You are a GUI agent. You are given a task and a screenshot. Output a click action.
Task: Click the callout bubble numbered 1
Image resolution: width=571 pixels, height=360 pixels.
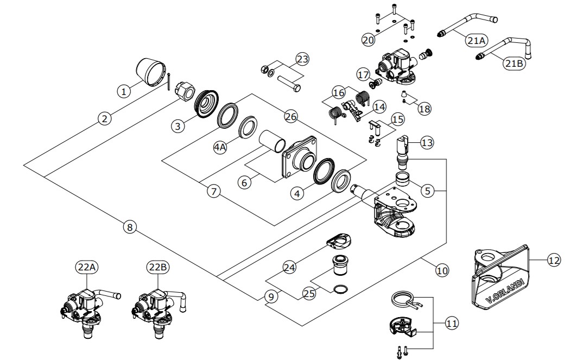[124, 92]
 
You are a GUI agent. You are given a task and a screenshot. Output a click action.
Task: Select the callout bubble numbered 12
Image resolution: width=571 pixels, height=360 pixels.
[553, 260]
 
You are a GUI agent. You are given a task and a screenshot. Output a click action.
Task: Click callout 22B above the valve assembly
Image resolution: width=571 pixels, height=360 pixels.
[157, 267]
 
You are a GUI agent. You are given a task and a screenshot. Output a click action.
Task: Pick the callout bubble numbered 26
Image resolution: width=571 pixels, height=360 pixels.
[290, 116]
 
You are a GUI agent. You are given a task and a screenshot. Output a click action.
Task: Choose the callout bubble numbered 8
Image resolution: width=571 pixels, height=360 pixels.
[129, 228]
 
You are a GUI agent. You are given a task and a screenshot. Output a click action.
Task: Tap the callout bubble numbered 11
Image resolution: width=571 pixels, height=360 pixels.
[451, 323]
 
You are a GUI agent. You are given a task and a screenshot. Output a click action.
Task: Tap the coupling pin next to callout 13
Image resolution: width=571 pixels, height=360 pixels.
[403, 151]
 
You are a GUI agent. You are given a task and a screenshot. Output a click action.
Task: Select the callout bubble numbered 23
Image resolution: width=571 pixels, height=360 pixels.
[302, 59]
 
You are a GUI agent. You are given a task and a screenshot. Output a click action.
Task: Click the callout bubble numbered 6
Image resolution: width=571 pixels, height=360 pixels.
[245, 183]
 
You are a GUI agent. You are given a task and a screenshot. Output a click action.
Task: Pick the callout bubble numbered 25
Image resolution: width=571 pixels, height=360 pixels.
[309, 294]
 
